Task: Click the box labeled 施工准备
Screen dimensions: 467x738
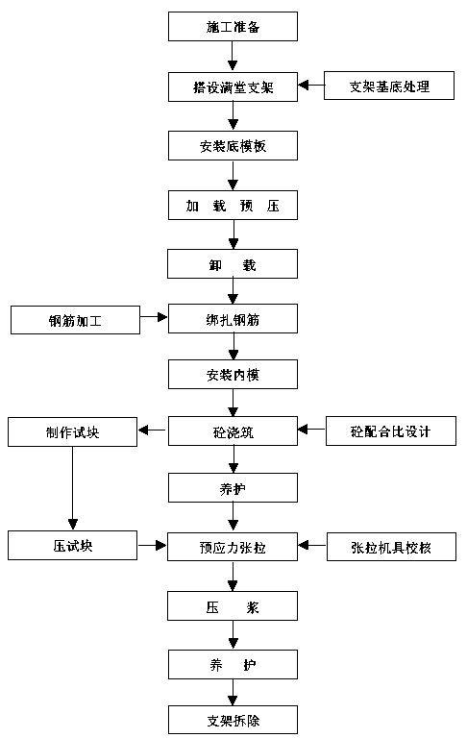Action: tap(233, 26)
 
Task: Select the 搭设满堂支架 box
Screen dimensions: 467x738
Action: tap(233, 87)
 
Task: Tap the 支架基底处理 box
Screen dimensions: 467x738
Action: tap(389, 86)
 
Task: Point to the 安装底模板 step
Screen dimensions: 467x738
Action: tap(233, 146)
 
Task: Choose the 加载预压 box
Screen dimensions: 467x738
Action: tap(233, 206)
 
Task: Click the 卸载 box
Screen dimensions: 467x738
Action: tap(233, 264)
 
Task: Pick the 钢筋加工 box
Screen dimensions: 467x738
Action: tap(75, 320)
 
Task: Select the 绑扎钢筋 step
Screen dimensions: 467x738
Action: tap(233, 319)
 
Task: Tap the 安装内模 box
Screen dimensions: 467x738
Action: tap(233, 375)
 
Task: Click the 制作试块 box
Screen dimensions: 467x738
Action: tap(72, 432)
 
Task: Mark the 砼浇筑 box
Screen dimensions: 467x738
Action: tap(233, 431)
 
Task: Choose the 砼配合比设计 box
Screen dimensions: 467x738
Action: tap(391, 431)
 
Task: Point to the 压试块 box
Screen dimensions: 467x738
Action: tap(72, 546)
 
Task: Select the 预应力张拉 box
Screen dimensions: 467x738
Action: tap(233, 547)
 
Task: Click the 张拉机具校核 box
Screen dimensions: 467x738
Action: tap(391, 547)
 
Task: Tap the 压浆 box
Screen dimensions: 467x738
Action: tap(233, 606)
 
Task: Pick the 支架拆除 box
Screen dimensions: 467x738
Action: tap(233, 720)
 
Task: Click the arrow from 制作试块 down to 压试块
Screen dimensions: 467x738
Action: tap(72, 488)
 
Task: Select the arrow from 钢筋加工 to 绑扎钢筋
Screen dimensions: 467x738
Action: tap(154, 317)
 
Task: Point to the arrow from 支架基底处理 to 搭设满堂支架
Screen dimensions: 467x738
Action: tap(311, 86)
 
